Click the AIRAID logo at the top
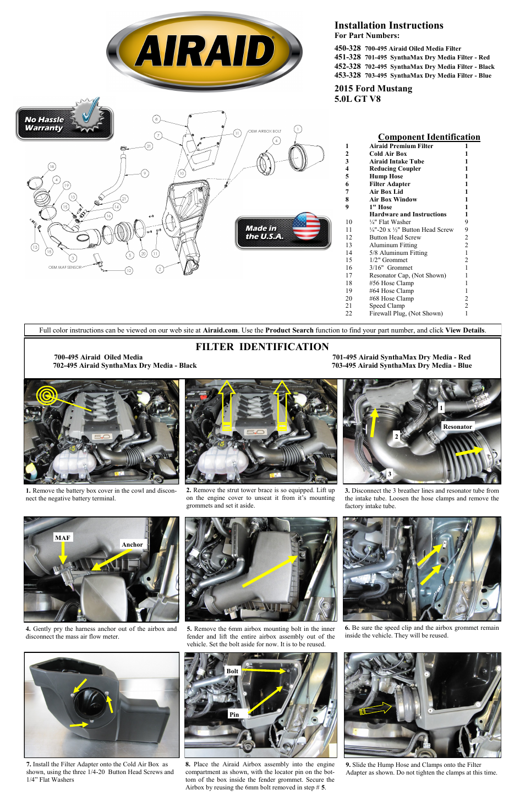pos(204,52)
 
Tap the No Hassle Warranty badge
pos(64,123)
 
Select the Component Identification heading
pos(429,137)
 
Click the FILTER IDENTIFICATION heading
pos(262,346)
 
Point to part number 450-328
pos(347,48)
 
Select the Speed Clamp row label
pos(386,306)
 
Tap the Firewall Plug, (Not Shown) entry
pos(406,314)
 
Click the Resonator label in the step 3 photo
pos(457,427)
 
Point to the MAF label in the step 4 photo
pos(63,538)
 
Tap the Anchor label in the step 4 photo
pos(132,544)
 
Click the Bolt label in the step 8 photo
pos(232,671)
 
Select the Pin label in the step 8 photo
pos(234,715)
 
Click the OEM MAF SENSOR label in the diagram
pos(64,268)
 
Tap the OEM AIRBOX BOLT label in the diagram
pos(264,132)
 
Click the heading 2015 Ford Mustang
pos(373,89)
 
